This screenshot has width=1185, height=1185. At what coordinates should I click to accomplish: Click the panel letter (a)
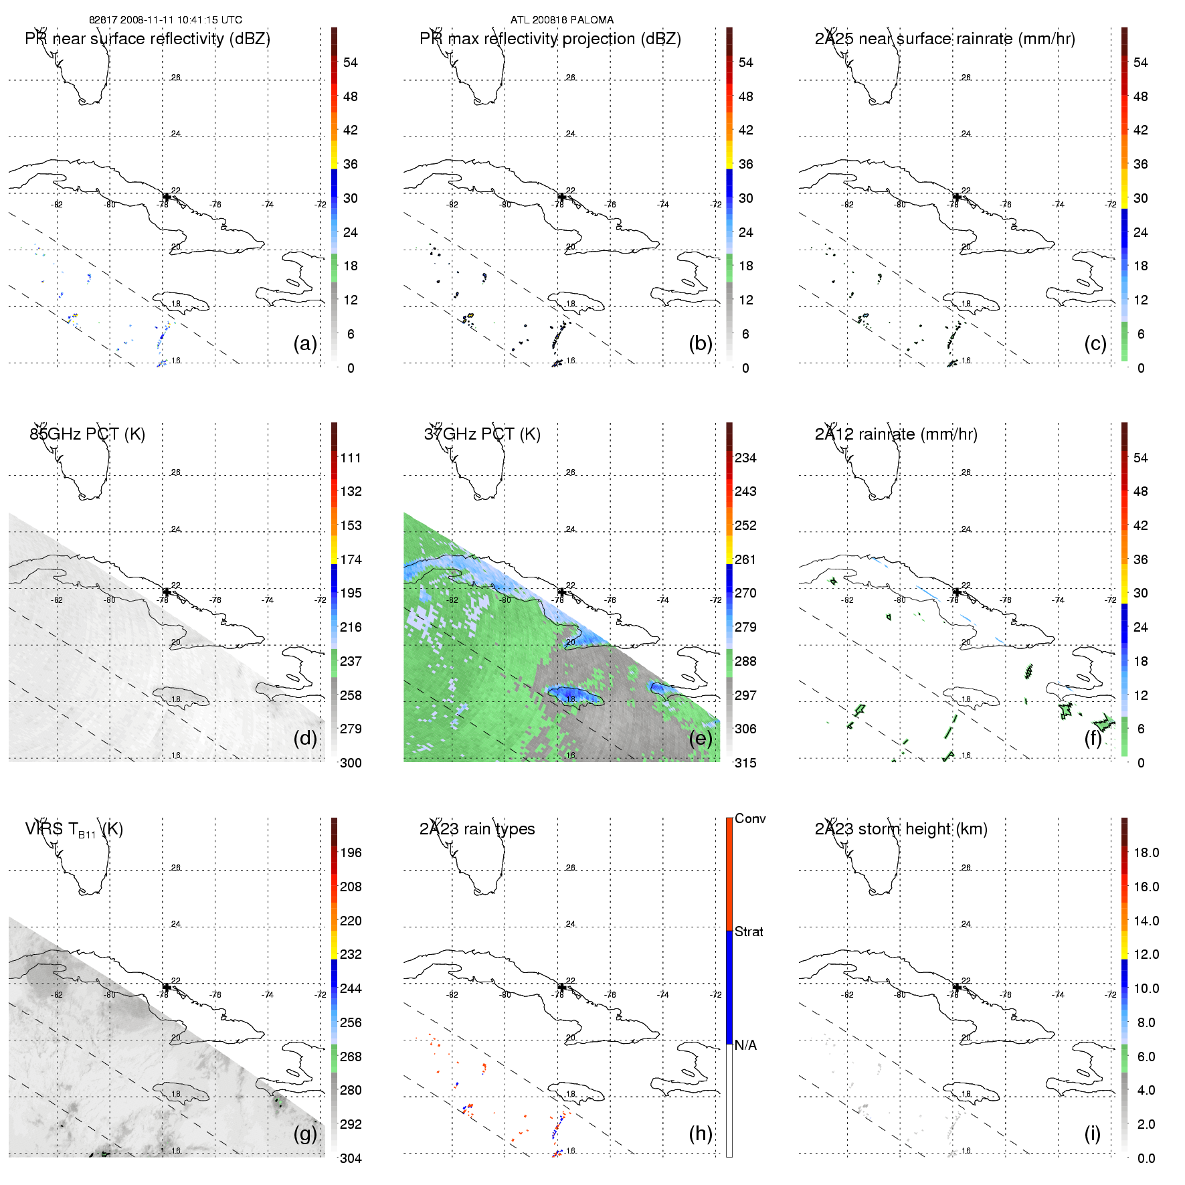click(305, 343)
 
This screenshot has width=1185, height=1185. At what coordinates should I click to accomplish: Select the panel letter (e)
click(700, 738)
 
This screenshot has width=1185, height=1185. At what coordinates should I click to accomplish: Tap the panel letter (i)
click(1092, 1133)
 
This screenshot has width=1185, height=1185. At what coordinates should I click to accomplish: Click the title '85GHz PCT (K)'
click(87, 434)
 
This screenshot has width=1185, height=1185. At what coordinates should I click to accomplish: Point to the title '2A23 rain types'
click(477, 829)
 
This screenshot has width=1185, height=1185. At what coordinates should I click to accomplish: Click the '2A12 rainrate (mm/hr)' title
click(896, 434)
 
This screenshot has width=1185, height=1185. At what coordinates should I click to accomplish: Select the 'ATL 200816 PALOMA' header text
click(562, 20)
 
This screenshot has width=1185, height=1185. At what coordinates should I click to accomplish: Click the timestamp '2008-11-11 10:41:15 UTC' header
click(181, 20)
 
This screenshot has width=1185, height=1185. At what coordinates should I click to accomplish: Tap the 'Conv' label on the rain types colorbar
click(750, 818)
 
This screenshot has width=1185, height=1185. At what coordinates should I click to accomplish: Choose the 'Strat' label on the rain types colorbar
click(749, 931)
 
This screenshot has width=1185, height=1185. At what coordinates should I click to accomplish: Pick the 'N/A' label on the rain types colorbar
click(745, 1045)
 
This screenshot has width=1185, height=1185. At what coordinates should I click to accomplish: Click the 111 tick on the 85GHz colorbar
click(351, 458)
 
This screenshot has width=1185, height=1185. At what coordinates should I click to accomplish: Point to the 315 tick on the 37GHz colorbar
click(745, 763)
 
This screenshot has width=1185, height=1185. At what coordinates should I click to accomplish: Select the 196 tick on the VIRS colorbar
click(351, 852)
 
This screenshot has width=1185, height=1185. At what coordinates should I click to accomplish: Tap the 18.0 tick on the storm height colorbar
click(1146, 852)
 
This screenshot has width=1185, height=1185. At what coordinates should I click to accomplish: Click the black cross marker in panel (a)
click(167, 197)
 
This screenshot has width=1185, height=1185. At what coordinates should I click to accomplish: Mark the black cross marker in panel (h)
click(561, 987)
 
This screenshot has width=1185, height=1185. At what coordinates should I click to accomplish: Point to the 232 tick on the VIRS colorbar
click(351, 954)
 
